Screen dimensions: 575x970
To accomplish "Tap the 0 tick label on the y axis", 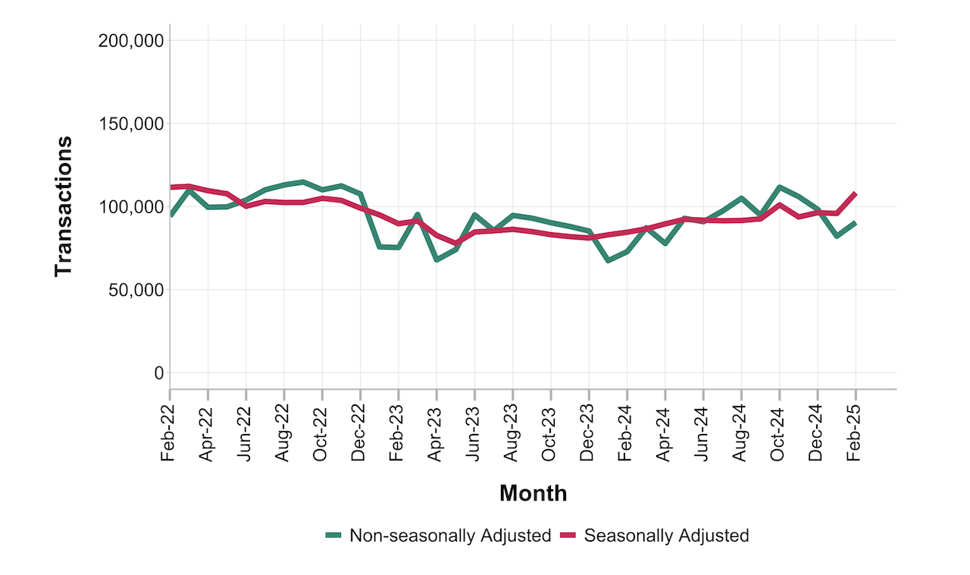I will pos(158,373).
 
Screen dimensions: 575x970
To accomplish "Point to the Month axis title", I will pos(533,494).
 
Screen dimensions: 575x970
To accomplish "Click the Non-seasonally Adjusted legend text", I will pos(449,536).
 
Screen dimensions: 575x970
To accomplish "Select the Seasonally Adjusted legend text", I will pos(667,536).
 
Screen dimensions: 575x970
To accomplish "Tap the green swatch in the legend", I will pos(333,536).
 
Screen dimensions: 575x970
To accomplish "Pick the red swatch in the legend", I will pos(568,536).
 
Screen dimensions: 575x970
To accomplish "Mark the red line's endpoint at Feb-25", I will pos(856,193).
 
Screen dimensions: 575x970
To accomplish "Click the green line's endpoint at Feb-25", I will pos(856,223).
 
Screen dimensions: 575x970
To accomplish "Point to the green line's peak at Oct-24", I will pos(780,187).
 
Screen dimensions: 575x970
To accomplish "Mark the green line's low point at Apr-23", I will pos(436,259).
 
